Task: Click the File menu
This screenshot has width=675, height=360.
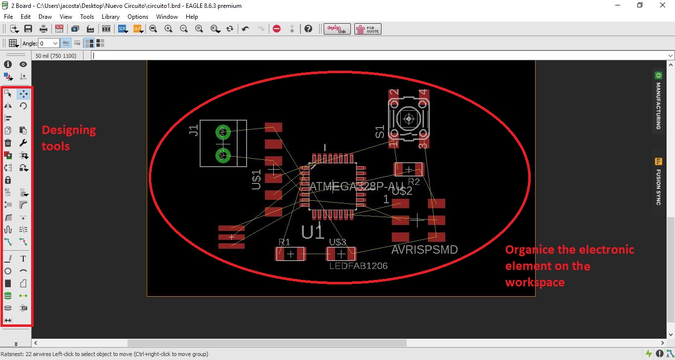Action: point(8,17)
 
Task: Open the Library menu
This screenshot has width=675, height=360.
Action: point(111,17)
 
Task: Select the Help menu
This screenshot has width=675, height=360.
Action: point(192,17)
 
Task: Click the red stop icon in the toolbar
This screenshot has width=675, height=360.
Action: point(277,29)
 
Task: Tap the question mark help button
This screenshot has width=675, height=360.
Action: point(309,29)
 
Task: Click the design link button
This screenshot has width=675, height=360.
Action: point(337,29)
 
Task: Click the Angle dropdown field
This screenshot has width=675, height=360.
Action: point(49,44)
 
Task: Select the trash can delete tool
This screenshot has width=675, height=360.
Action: point(8,143)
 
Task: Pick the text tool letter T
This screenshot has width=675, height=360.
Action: point(23,259)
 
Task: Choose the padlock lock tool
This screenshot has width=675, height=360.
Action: point(8,180)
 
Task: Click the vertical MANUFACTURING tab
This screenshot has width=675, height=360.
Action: point(658,101)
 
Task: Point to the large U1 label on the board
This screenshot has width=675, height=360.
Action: point(313,231)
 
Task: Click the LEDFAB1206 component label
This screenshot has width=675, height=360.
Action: point(358,266)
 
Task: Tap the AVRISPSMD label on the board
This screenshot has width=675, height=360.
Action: point(424,250)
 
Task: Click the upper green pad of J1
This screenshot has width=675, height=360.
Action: point(223,132)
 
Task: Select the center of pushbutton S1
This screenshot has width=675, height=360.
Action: point(409,119)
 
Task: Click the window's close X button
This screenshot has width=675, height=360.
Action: point(663,5)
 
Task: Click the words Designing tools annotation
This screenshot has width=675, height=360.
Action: point(69,138)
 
